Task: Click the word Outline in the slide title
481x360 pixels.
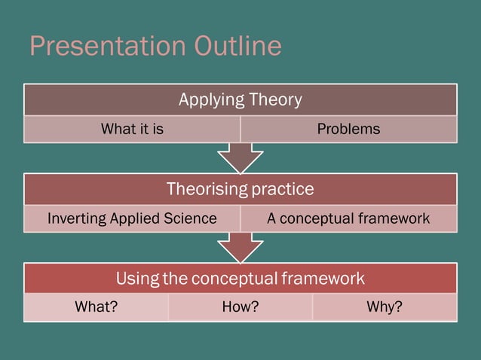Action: click(x=237, y=47)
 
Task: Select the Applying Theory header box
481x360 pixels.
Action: click(x=240, y=99)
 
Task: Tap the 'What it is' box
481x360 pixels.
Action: click(x=132, y=129)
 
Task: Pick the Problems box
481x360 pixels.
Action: click(x=348, y=129)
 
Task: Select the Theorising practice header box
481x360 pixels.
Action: click(x=240, y=188)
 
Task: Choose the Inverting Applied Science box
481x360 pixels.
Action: click(x=132, y=218)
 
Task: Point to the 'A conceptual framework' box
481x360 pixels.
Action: click(x=348, y=218)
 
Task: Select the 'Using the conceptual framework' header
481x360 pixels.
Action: click(x=240, y=279)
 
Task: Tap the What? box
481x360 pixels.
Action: click(x=96, y=307)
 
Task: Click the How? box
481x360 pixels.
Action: click(x=240, y=307)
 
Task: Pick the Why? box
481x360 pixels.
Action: click(x=384, y=307)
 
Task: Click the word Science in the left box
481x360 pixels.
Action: click(x=192, y=218)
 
